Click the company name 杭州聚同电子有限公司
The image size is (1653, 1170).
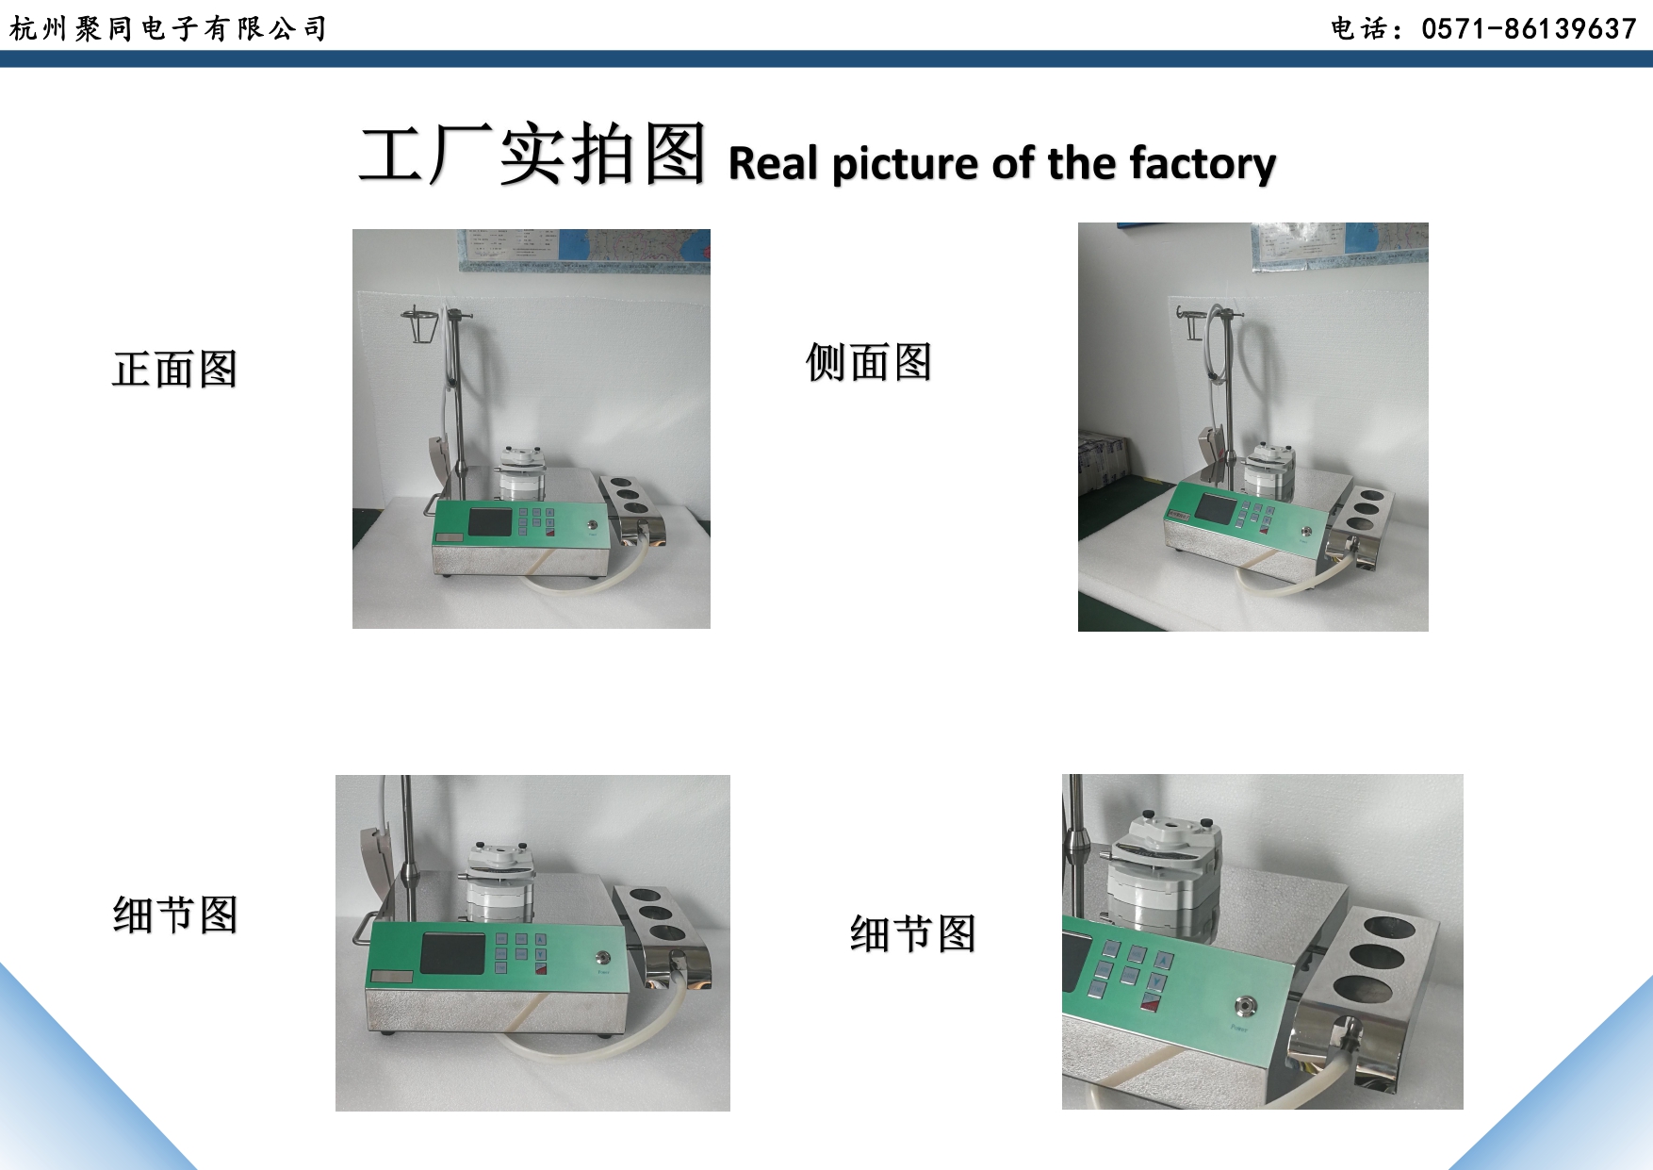tap(168, 28)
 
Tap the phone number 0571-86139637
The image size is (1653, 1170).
tap(1529, 29)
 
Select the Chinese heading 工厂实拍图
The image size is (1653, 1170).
tap(532, 155)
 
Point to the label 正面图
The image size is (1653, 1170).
tap(175, 369)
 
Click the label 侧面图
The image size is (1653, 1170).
tap(869, 362)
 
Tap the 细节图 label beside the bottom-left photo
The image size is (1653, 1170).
tap(175, 915)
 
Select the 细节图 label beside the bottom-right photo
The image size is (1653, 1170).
tap(912, 934)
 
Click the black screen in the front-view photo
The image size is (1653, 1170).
tap(490, 521)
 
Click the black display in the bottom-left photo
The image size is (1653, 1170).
tap(452, 953)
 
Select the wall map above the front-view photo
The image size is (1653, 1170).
tap(584, 249)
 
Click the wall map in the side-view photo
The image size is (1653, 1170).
tap(1340, 246)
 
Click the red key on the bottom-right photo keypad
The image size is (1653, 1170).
tap(1148, 1001)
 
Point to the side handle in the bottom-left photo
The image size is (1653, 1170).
tap(363, 929)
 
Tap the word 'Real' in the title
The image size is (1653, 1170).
tap(773, 163)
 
